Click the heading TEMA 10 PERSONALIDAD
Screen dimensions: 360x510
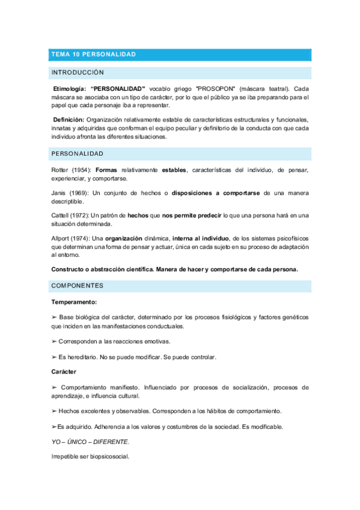94,55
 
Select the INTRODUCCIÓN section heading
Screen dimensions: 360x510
78,73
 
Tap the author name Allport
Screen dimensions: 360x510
62,238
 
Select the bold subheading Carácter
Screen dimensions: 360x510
64,372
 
